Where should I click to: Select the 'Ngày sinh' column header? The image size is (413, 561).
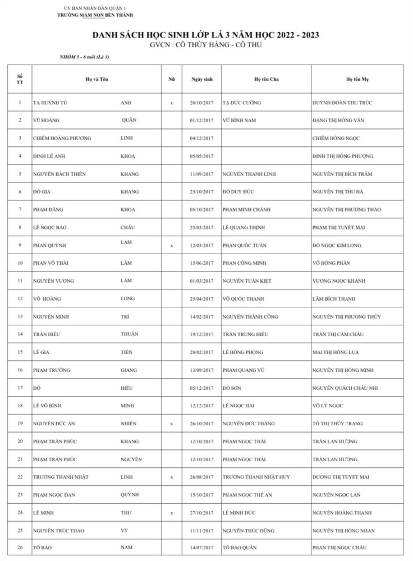click(201, 79)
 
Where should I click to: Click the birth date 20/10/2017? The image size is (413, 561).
click(201, 103)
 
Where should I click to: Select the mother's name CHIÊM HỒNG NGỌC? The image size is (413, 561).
click(336, 138)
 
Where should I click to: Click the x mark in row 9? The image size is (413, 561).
click(171, 246)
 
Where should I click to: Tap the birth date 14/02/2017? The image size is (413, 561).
click(201, 317)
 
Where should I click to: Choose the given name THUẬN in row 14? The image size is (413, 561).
click(130, 334)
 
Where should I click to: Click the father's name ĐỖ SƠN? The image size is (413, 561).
click(232, 388)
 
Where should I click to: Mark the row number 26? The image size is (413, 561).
click(20, 548)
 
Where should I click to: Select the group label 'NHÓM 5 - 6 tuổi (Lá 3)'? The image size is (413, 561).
click(84, 57)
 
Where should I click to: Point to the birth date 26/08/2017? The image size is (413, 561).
click(201, 477)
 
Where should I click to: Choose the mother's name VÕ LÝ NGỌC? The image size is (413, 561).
click(328, 406)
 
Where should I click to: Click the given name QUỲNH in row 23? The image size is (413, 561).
click(130, 494)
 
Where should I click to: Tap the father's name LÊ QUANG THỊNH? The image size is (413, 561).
click(243, 228)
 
